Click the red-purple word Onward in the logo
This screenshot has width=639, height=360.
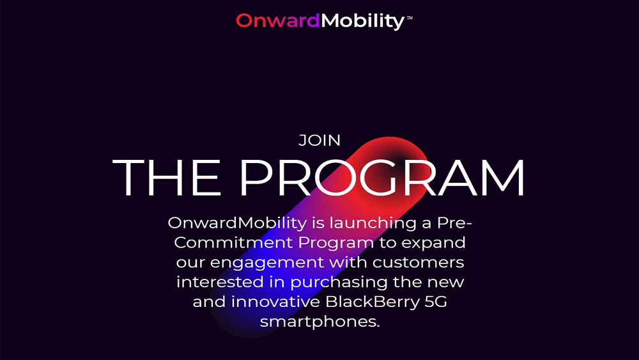click(278, 20)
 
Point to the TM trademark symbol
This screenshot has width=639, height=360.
click(410, 17)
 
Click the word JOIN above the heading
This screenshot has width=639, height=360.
click(319, 141)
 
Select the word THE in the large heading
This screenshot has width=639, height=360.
click(166, 177)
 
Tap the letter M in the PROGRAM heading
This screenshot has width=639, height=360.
click(503, 177)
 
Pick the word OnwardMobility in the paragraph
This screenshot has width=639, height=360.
click(237, 223)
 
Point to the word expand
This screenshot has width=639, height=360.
click(434, 244)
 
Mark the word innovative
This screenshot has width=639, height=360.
click(275, 302)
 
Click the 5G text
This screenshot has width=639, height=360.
click(436, 302)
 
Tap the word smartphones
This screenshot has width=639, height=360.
click(320, 322)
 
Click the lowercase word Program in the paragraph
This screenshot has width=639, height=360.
click(336, 244)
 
